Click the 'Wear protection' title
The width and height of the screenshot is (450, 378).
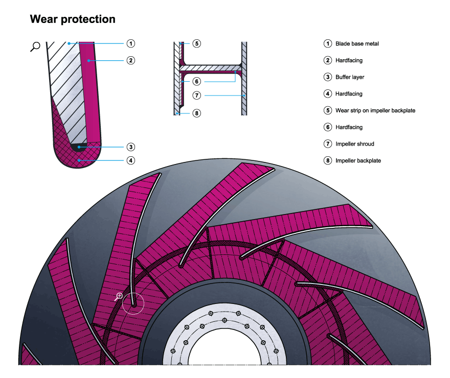coord(73,19)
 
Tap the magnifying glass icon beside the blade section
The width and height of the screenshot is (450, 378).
coord(35,47)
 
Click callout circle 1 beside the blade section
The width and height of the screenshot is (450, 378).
coord(131,43)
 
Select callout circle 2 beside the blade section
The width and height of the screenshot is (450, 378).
coord(131,60)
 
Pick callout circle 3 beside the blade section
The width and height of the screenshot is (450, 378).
coord(131,147)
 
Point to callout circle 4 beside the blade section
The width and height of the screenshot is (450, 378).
coord(131,160)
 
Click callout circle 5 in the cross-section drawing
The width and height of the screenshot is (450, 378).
coord(197,43)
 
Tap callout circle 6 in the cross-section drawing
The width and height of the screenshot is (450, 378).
coord(197,81)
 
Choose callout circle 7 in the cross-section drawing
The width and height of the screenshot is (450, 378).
coord(197,95)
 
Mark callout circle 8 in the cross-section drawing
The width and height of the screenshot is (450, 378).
coord(197,113)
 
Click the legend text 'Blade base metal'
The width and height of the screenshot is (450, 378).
coord(357,44)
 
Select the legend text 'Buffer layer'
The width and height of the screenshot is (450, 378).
coord(350,77)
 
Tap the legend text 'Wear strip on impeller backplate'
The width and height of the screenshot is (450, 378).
coord(375,110)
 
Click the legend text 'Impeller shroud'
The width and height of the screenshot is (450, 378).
coord(354,144)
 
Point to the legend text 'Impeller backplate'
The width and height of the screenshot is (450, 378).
coord(358,160)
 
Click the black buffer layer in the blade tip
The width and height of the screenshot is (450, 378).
coord(80,147)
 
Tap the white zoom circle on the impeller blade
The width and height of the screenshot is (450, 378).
coord(133,303)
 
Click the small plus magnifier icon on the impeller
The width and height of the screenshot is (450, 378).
coord(120,296)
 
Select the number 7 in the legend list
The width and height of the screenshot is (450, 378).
coord(328,144)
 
